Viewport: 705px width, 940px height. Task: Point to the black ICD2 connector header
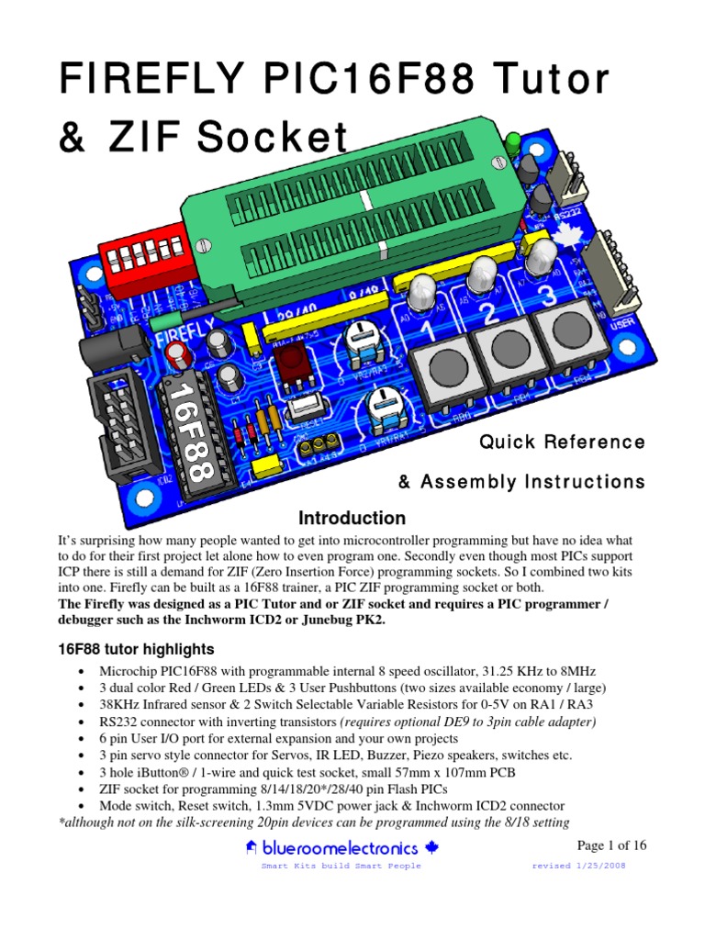pos(117,418)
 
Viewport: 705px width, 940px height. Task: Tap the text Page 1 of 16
pos(611,845)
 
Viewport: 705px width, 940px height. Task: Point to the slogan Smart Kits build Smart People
pos(341,867)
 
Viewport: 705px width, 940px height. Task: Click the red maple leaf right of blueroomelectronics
pos(433,848)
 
